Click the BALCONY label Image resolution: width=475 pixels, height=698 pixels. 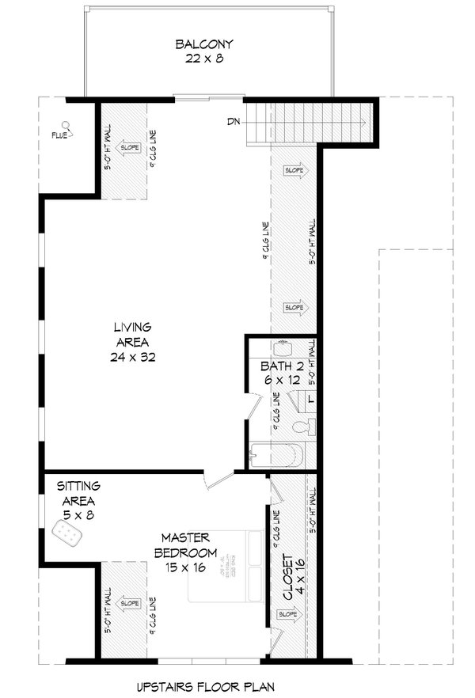[199, 44]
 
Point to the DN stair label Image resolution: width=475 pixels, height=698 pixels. [233, 121]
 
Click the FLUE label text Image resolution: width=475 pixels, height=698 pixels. [58, 135]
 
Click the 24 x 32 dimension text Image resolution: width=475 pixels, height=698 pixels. [132, 357]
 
